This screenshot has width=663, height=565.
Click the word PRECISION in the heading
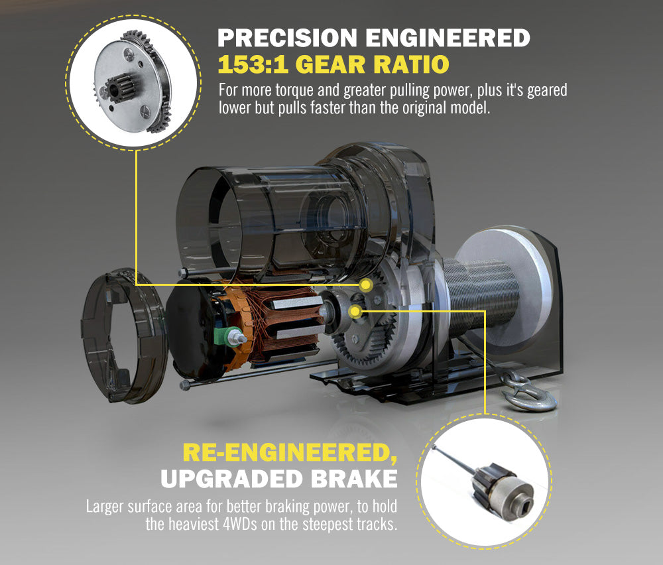[x=288, y=38]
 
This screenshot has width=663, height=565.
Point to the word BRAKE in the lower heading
[x=354, y=479]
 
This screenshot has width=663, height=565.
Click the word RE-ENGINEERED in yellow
[x=290, y=452]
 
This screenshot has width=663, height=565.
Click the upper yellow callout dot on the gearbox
[x=366, y=285]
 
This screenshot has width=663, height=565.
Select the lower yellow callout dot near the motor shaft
[x=355, y=312]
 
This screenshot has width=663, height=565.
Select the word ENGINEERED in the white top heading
[x=448, y=38]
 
